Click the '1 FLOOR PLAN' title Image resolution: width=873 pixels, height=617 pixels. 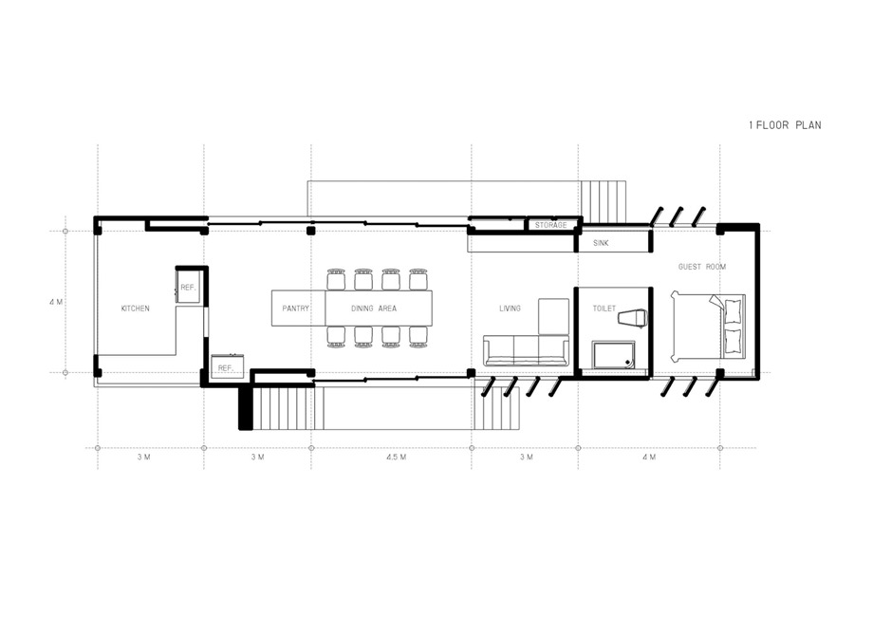click(x=785, y=125)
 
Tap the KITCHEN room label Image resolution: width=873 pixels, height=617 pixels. click(x=136, y=308)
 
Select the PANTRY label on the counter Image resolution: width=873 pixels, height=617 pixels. click(x=295, y=308)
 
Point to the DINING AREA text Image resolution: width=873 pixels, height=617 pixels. click(x=374, y=308)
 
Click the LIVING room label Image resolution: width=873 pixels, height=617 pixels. click(x=510, y=308)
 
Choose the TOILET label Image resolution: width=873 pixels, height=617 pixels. click(x=604, y=308)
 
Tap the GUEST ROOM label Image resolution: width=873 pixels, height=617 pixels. click(x=702, y=267)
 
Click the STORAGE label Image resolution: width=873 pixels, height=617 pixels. click(x=550, y=225)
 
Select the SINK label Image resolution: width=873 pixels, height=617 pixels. click(x=601, y=243)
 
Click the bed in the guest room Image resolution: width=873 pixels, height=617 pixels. click(x=708, y=326)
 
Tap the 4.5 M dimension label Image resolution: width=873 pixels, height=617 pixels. click(x=396, y=458)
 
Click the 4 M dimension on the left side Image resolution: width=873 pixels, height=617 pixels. click(x=56, y=303)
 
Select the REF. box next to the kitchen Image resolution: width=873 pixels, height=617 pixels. click(x=189, y=287)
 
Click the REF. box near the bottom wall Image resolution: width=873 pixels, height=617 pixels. click(x=226, y=367)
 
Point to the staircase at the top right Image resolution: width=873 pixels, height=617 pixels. click(x=603, y=200)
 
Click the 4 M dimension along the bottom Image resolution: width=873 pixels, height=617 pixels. click(x=649, y=458)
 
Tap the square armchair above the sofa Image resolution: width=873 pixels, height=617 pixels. click(x=553, y=316)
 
